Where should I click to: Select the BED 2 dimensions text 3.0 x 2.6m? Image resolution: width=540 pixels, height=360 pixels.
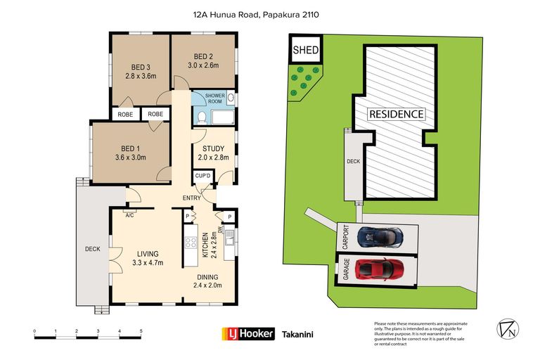tap(203, 65)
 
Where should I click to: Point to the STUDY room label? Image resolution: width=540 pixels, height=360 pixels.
tap(213, 148)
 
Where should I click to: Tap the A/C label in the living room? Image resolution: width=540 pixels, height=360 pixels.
tap(130, 216)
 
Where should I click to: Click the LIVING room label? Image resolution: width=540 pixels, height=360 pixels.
tap(148, 254)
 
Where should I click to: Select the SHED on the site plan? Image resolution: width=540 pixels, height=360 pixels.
tap(306, 50)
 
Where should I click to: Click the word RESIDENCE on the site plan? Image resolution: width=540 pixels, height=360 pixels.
tap(397, 114)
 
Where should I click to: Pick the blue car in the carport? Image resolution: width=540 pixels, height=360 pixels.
tap(380, 236)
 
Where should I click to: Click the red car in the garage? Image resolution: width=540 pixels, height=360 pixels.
tap(380, 268)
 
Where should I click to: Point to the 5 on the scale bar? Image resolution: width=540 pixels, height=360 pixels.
tap(141, 330)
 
